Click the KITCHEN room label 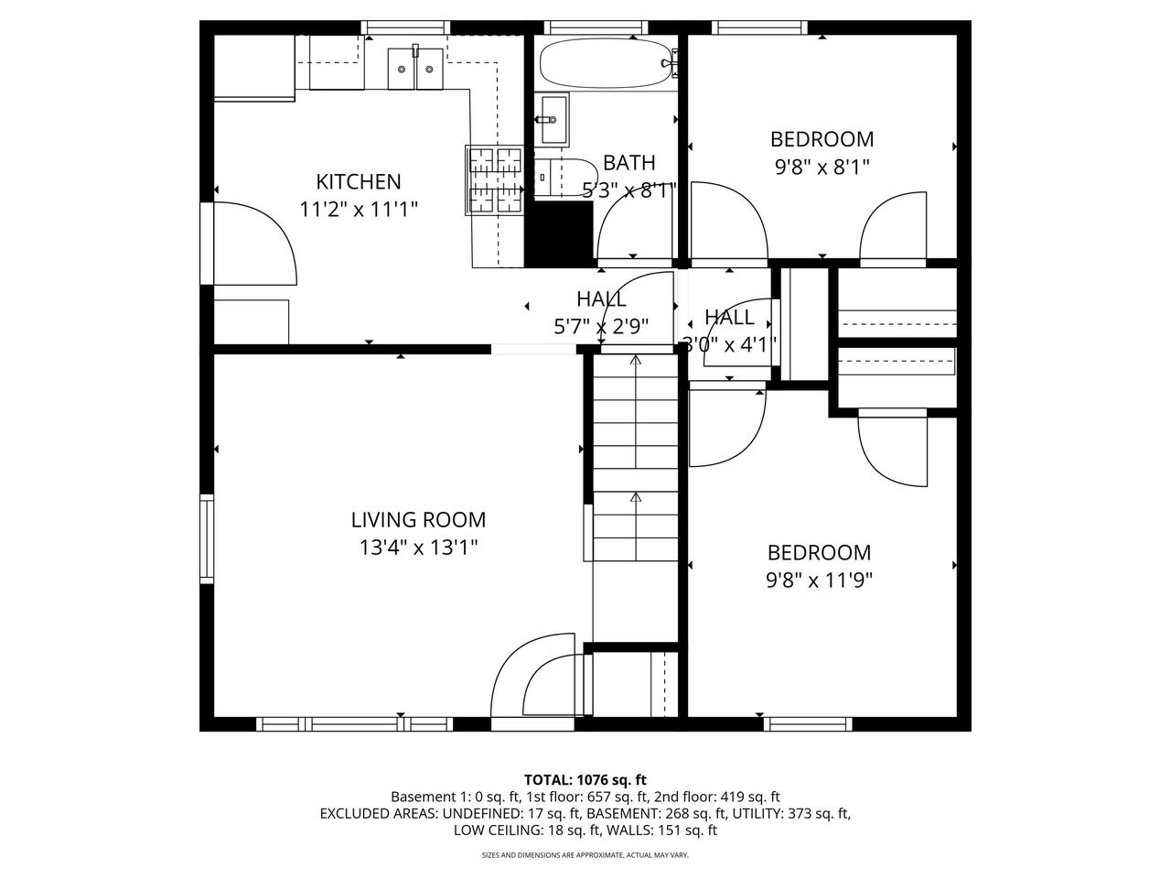click(x=358, y=181)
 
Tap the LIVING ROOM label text click(x=418, y=520)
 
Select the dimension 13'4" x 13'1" click(x=418, y=548)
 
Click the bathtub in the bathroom click(x=604, y=61)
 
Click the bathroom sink click(x=552, y=119)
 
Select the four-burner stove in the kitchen click(x=495, y=179)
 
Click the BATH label click(x=628, y=163)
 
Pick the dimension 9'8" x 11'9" click(x=819, y=580)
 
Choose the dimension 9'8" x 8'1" click(x=821, y=167)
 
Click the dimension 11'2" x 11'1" click(x=358, y=210)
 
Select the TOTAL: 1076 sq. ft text click(x=585, y=780)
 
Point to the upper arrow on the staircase click(x=636, y=363)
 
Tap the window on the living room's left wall click(x=207, y=539)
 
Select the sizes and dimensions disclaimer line click(x=585, y=855)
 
